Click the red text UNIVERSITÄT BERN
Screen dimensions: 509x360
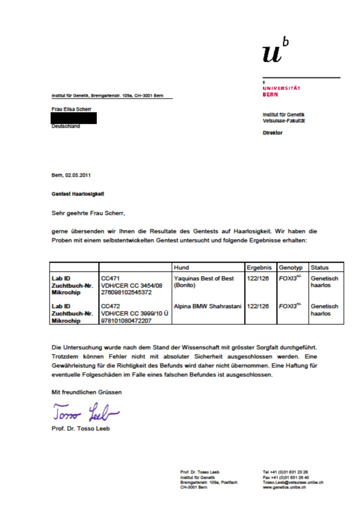point(281,91)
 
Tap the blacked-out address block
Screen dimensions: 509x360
point(74,118)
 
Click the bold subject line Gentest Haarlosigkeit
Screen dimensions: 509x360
point(78,194)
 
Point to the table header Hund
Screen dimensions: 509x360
point(181,268)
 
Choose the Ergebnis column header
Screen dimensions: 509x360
point(259,268)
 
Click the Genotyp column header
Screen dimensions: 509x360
point(291,268)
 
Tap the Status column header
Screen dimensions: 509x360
point(320,268)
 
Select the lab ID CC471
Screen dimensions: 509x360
point(110,278)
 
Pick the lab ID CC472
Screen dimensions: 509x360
point(110,306)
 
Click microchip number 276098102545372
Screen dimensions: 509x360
point(126,292)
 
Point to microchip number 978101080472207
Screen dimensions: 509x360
point(126,321)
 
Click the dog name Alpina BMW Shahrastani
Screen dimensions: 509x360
point(207,306)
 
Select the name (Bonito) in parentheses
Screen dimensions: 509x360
point(185,285)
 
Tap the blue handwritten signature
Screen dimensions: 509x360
point(86,412)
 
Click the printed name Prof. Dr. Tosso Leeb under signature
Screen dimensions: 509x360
point(81,429)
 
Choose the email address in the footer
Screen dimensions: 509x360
point(293,482)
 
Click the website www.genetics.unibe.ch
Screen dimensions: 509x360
point(284,487)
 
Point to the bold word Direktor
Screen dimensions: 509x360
point(272,133)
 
